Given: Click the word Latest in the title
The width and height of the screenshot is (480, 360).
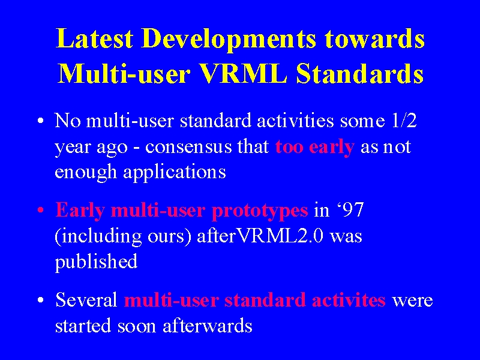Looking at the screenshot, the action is click(94, 38).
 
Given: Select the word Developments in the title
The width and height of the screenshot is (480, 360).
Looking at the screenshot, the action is click(229, 40).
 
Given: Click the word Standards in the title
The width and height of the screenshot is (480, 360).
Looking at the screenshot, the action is click(359, 73).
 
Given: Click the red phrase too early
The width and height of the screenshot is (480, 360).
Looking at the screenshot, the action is click(314, 147).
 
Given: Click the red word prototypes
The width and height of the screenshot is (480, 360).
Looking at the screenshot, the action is click(260, 211).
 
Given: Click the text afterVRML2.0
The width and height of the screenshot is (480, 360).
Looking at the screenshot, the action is click(260, 236).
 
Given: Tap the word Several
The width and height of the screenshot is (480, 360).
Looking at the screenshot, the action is click(86, 299).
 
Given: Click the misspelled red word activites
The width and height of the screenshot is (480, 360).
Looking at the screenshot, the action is click(349, 300).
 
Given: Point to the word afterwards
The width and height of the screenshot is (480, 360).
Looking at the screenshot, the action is click(208, 325).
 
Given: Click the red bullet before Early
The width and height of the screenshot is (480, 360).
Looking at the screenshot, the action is click(41, 211).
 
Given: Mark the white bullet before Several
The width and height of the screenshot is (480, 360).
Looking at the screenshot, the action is click(41, 301).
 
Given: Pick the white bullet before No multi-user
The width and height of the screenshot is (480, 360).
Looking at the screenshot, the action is click(41, 121).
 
